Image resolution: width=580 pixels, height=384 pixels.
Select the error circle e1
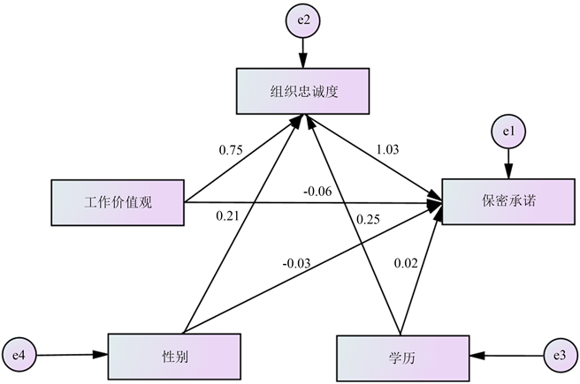coord(508,132)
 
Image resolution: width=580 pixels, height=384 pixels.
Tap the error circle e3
coord(558,356)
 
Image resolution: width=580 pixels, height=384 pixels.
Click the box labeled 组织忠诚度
coord(301,90)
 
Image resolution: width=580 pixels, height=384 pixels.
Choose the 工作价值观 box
coord(118,202)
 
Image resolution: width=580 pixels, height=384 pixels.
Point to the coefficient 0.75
coord(231,149)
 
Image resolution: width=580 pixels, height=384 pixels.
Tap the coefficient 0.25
coord(369,218)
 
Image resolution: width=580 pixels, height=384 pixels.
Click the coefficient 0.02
coord(406,262)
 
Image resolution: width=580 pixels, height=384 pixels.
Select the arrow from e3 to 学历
coord(507,356)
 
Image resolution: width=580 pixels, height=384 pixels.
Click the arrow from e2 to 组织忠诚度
coord(303,53)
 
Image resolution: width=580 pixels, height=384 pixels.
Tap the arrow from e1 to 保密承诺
coord(508,164)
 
